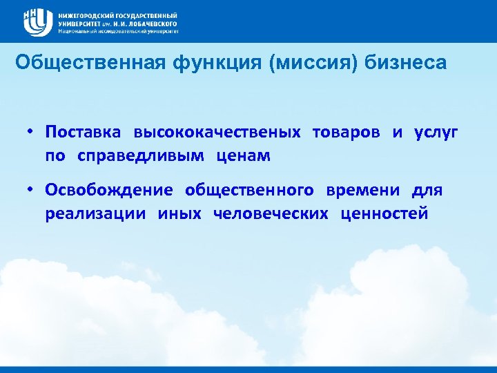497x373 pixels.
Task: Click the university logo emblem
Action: [37, 22]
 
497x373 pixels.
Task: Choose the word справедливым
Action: [141, 155]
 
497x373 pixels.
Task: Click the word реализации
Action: [95, 213]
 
